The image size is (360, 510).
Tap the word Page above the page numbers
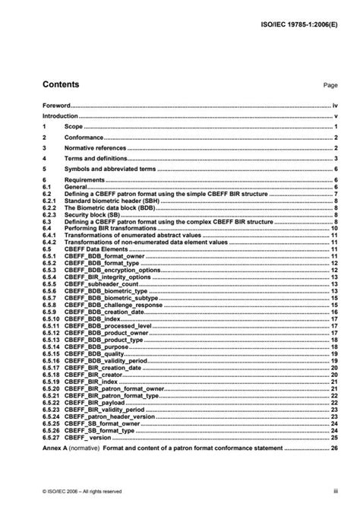tap(330, 86)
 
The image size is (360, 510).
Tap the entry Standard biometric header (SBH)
tap(109, 200)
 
